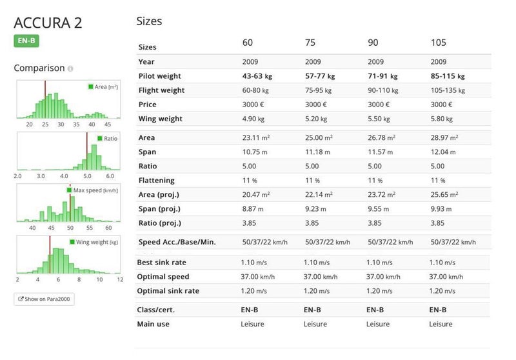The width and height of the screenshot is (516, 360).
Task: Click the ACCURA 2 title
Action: [48, 23]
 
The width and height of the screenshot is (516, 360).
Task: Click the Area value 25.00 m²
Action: [318, 138]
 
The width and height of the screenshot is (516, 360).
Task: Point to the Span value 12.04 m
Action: [442, 152]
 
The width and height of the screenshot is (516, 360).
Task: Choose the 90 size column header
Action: [373, 43]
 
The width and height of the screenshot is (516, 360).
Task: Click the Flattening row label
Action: [156, 181]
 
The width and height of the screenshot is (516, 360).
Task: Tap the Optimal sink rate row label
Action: [168, 291]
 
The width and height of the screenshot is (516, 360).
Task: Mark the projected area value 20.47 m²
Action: [255, 195]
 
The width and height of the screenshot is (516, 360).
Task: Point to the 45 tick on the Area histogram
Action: [108, 124]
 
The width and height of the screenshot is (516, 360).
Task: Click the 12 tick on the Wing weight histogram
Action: [120, 279]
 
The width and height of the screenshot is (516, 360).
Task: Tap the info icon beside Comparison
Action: [70, 68]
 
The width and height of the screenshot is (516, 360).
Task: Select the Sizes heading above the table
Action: [149, 21]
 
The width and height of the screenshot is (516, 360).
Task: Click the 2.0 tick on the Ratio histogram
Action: [17, 175]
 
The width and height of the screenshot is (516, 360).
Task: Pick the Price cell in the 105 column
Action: [441, 105]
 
